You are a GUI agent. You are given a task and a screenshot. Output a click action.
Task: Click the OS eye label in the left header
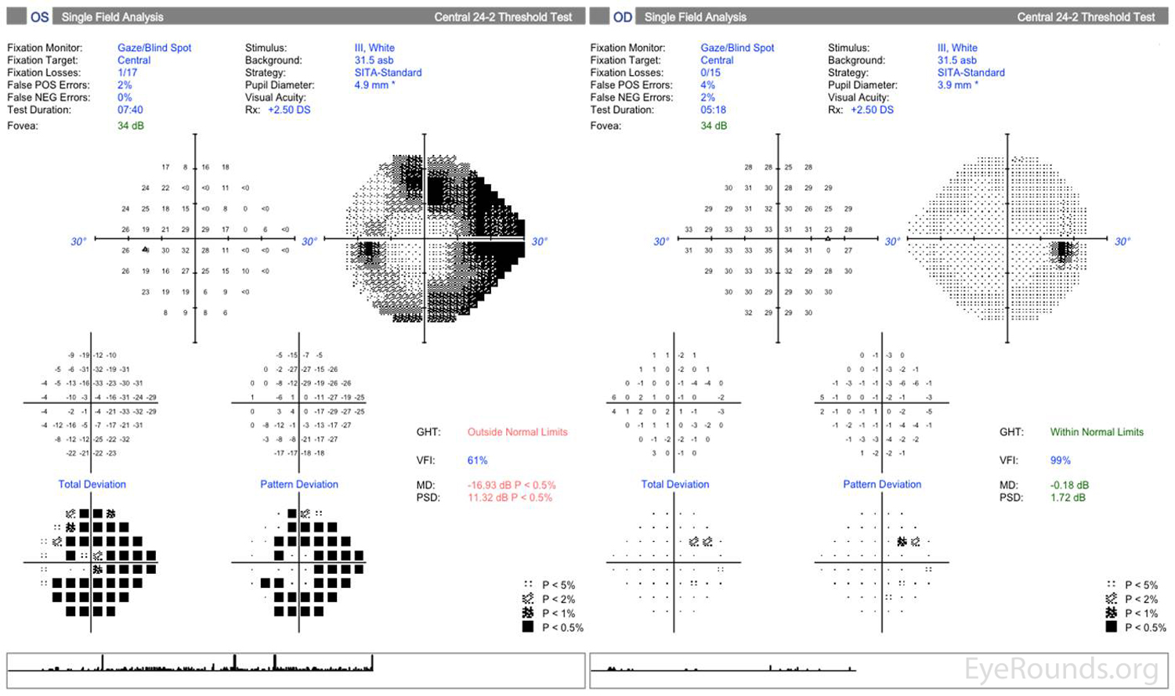40,16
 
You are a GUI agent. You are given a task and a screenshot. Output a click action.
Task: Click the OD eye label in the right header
623,16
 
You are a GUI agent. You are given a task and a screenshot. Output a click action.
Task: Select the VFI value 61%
477,460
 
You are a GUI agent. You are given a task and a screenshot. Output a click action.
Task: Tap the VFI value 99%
1060,460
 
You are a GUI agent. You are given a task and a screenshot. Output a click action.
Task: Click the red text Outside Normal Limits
517,432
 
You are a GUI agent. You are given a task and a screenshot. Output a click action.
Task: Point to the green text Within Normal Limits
1097,432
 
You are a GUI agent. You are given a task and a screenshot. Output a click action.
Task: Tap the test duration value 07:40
130,110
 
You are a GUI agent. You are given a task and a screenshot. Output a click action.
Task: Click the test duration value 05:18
713,110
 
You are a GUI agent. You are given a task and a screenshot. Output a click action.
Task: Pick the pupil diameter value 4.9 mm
371,85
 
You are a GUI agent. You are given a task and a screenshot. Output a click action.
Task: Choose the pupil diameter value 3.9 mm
954,85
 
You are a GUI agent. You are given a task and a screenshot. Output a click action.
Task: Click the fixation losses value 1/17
127,73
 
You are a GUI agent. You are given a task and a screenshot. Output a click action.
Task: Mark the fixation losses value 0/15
710,73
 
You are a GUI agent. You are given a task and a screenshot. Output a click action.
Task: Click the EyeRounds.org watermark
1061,669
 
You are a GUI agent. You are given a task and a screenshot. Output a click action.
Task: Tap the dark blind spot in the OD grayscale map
1063,251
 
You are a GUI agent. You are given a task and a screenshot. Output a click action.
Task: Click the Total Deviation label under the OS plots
92,485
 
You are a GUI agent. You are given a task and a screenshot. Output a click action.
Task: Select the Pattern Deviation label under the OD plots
882,485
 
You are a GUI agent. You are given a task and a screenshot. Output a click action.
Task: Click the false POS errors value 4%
707,85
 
